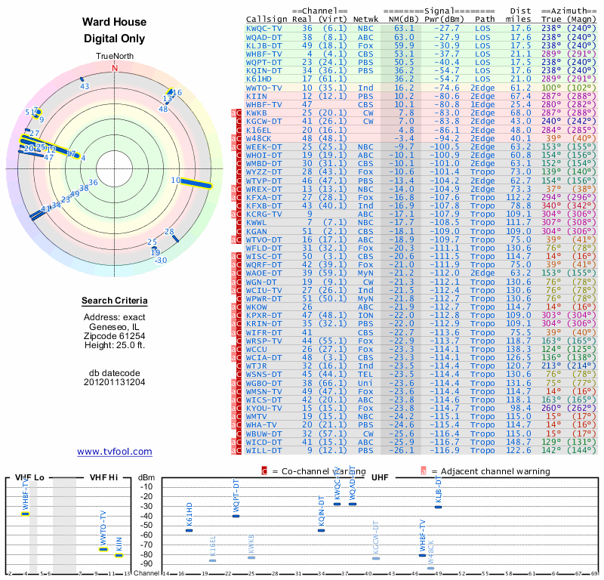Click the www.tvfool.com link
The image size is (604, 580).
115,452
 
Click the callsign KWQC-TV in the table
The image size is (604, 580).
265,27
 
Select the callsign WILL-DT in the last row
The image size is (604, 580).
264,450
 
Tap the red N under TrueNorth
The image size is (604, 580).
115,67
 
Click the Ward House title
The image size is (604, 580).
115,22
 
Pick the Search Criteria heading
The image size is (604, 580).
115,301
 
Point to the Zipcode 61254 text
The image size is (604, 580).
115,336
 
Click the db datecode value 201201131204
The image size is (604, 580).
115,382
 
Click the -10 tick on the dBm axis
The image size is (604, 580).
146,486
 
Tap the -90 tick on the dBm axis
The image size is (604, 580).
146,563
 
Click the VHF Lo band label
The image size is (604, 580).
29,477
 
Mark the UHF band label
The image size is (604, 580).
380,477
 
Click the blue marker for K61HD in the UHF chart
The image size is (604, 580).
190,530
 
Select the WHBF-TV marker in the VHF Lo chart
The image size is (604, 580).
25,514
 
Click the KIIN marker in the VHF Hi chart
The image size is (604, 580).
119,555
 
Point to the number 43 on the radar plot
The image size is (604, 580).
85,86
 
